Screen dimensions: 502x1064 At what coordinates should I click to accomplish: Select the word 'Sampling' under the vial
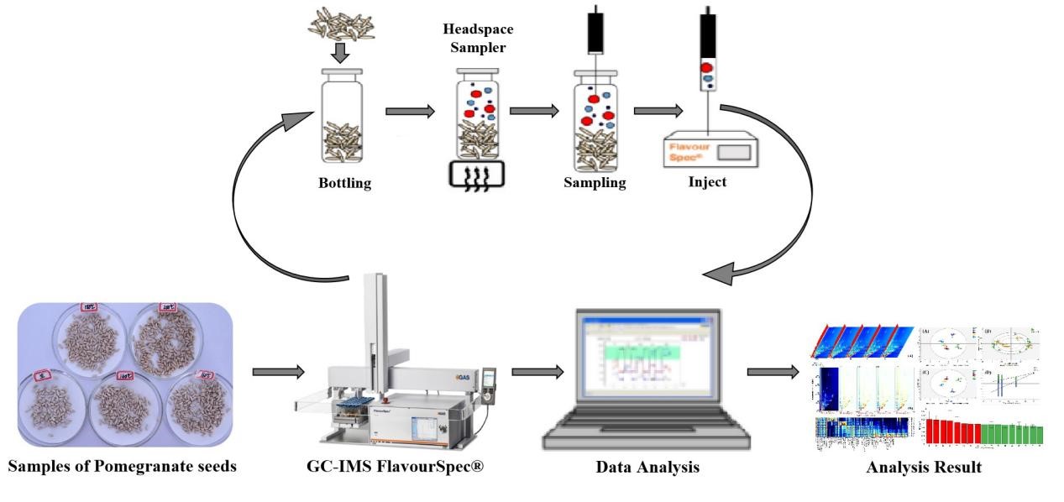tap(595, 183)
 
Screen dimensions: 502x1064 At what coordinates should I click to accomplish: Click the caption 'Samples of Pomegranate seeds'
tap(123, 468)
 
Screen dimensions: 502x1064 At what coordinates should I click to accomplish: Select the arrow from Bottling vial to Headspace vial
tap(410, 110)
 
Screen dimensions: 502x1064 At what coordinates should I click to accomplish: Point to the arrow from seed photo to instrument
tap(277, 372)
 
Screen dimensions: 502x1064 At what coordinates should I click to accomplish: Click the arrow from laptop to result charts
tap(773, 372)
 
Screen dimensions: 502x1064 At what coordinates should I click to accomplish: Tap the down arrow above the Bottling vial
tap(338, 53)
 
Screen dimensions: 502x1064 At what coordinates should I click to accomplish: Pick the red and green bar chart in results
tap(983, 431)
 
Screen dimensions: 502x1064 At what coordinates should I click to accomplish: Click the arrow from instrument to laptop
tap(537, 372)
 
